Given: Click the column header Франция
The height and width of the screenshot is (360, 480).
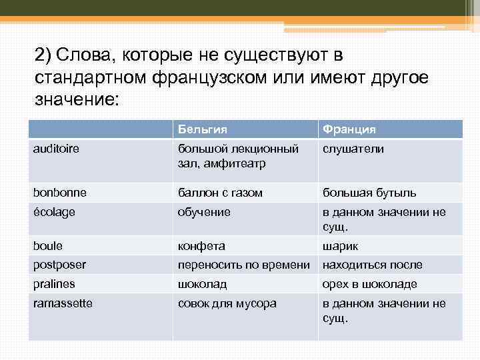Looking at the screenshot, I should (x=349, y=129).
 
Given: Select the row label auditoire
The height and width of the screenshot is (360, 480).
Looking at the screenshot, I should (x=56, y=149).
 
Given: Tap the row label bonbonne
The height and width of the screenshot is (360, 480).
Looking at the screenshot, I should (x=59, y=193).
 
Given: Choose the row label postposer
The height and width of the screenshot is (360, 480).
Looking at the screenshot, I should (x=59, y=265).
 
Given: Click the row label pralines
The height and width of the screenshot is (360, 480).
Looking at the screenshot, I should (x=53, y=284).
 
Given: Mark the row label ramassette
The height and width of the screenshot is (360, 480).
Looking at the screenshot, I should (x=63, y=303).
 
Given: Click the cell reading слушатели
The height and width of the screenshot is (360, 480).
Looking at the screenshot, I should (x=353, y=149).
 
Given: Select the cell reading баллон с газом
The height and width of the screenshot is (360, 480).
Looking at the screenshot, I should (x=220, y=193).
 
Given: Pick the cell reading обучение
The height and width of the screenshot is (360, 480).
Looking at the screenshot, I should (x=204, y=212).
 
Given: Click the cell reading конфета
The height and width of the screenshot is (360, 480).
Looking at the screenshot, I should (x=201, y=245).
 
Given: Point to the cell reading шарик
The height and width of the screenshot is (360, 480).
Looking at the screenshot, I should (x=341, y=245).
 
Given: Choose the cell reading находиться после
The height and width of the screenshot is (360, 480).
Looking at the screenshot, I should (x=372, y=265).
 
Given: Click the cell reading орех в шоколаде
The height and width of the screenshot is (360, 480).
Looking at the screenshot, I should (x=370, y=284).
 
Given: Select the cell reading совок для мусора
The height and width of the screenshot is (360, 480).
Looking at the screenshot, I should (x=227, y=303).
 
